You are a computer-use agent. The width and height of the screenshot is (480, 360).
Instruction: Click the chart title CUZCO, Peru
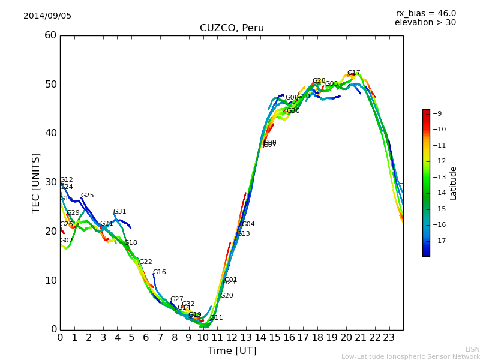click(232, 28)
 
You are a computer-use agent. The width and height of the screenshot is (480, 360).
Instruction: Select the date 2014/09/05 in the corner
click(47, 16)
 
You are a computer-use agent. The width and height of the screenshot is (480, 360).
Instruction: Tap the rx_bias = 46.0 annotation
click(425, 13)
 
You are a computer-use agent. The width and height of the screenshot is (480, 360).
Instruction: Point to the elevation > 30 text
click(425, 23)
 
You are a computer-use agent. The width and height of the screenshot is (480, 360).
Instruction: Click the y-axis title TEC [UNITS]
click(37, 182)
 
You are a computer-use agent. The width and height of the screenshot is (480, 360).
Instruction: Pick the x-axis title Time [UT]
click(232, 350)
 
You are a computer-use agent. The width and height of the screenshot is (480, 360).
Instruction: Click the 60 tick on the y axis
click(50, 35)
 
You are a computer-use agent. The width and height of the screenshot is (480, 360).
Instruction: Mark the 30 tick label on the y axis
click(50, 182)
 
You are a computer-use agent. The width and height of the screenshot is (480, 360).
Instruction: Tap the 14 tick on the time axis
click(260, 338)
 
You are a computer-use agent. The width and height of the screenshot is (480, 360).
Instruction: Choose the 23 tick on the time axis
click(389, 338)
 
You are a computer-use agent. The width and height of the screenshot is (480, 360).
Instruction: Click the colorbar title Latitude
click(454, 183)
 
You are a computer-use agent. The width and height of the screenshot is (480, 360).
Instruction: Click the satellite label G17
click(353, 73)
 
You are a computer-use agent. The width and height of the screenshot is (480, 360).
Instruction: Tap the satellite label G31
click(119, 212)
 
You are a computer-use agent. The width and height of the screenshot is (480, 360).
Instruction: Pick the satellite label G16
click(159, 272)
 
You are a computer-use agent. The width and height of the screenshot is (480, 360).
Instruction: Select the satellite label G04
click(248, 224)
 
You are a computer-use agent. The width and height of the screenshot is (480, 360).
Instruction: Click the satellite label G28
click(319, 81)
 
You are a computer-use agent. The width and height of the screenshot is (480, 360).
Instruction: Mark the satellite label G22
click(145, 262)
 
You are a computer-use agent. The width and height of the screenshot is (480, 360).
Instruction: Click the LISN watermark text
click(472, 349)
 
